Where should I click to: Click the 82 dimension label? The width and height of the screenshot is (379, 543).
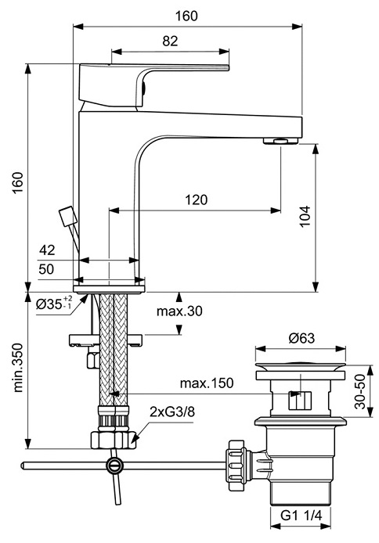click(x=170, y=41)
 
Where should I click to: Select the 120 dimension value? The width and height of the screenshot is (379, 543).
click(x=196, y=200)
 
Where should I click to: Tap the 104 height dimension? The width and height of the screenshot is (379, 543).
click(x=305, y=217)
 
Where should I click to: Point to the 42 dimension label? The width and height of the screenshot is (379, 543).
click(x=47, y=250)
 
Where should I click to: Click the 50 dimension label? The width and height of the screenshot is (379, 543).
click(x=46, y=269)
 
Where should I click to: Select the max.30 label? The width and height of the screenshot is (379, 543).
click(x=179, y=311)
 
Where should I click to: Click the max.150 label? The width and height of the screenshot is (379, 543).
click(x=207, y=383)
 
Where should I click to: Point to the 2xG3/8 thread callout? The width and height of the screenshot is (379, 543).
click(x=172, y=412)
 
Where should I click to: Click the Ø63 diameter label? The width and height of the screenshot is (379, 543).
click(x=301, y=338)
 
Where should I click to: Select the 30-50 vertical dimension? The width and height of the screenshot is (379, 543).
click(x=360, y=391)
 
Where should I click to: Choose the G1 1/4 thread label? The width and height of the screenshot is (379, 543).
click(x=301, y=516)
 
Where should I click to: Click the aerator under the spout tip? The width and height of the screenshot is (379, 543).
click(x=280, y=141)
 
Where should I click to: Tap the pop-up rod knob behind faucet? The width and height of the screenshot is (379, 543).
click(x=68, y=217)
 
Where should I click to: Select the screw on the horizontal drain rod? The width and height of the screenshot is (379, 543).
click(x=114, y=466)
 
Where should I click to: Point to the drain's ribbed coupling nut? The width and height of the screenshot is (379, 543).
click(x=237, y=465)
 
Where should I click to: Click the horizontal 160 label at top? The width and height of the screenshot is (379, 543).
click(x=186, y=16)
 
